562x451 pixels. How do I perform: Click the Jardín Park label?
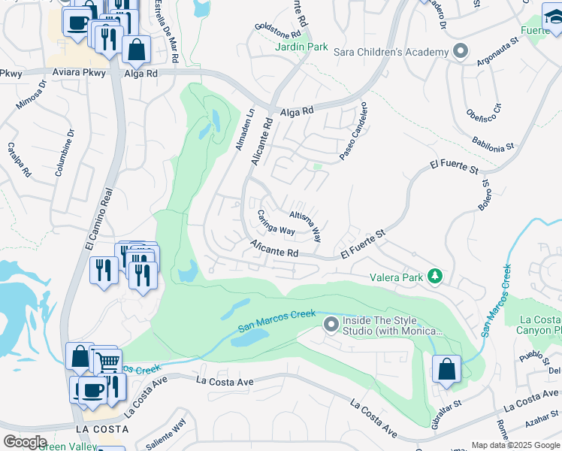[x=301, y=47]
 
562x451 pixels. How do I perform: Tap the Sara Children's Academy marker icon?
[x=461, y=52]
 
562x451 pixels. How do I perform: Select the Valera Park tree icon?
[x=434, y=277]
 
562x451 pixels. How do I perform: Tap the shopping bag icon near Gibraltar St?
[x=446, y=370]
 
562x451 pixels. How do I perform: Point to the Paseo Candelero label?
[x=353, y=132]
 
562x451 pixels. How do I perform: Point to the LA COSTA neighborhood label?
[x=101, y=428]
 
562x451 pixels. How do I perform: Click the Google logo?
[x=24, y=441]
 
